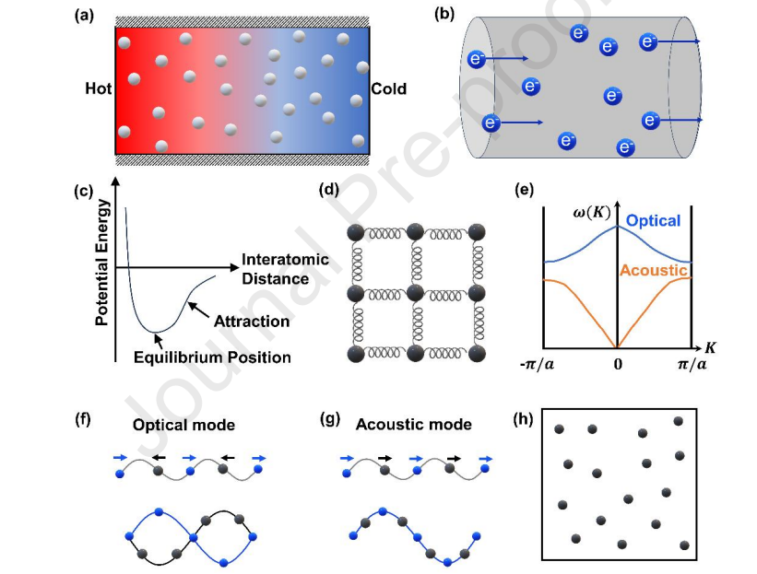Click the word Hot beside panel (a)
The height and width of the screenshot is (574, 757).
click(98, 88)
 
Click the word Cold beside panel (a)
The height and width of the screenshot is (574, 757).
click(388, 89)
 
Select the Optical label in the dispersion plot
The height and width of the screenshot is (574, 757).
click(653, 221)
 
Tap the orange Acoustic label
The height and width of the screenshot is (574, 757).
click(653, 270)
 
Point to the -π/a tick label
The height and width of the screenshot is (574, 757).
click(537, 364)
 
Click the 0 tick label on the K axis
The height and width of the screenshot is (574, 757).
click(618, 364)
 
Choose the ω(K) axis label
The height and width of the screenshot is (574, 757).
click(591, 212)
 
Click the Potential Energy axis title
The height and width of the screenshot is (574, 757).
click(102, 263)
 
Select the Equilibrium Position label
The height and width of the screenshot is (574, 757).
click(212, 357)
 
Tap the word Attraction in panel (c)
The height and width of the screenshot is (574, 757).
click(252, 322)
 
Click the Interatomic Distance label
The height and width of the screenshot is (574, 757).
click(285, 269)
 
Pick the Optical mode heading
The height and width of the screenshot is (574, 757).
click(183, 425)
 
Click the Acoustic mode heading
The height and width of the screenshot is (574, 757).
click(414, 425)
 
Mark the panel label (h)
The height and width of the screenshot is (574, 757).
click(523, 419)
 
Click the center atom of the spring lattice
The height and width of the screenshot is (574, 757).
click(416, 293)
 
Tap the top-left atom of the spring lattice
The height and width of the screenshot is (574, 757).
click(356, 232)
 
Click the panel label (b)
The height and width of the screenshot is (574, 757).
click(444, 14)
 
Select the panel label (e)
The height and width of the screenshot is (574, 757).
click(525, 190)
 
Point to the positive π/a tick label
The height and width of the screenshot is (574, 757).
click(692, 364)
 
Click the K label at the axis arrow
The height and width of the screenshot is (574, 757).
click(710, 347)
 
